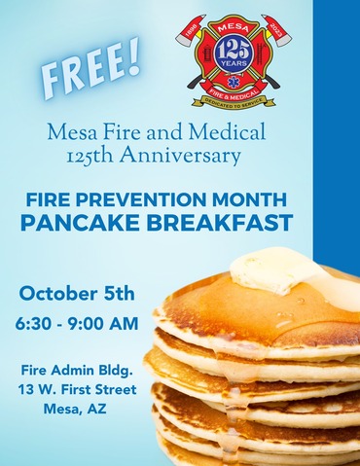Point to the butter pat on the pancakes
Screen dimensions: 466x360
(275, 269)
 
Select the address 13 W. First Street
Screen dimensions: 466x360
(78, 389)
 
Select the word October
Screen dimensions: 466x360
(60, 293)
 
